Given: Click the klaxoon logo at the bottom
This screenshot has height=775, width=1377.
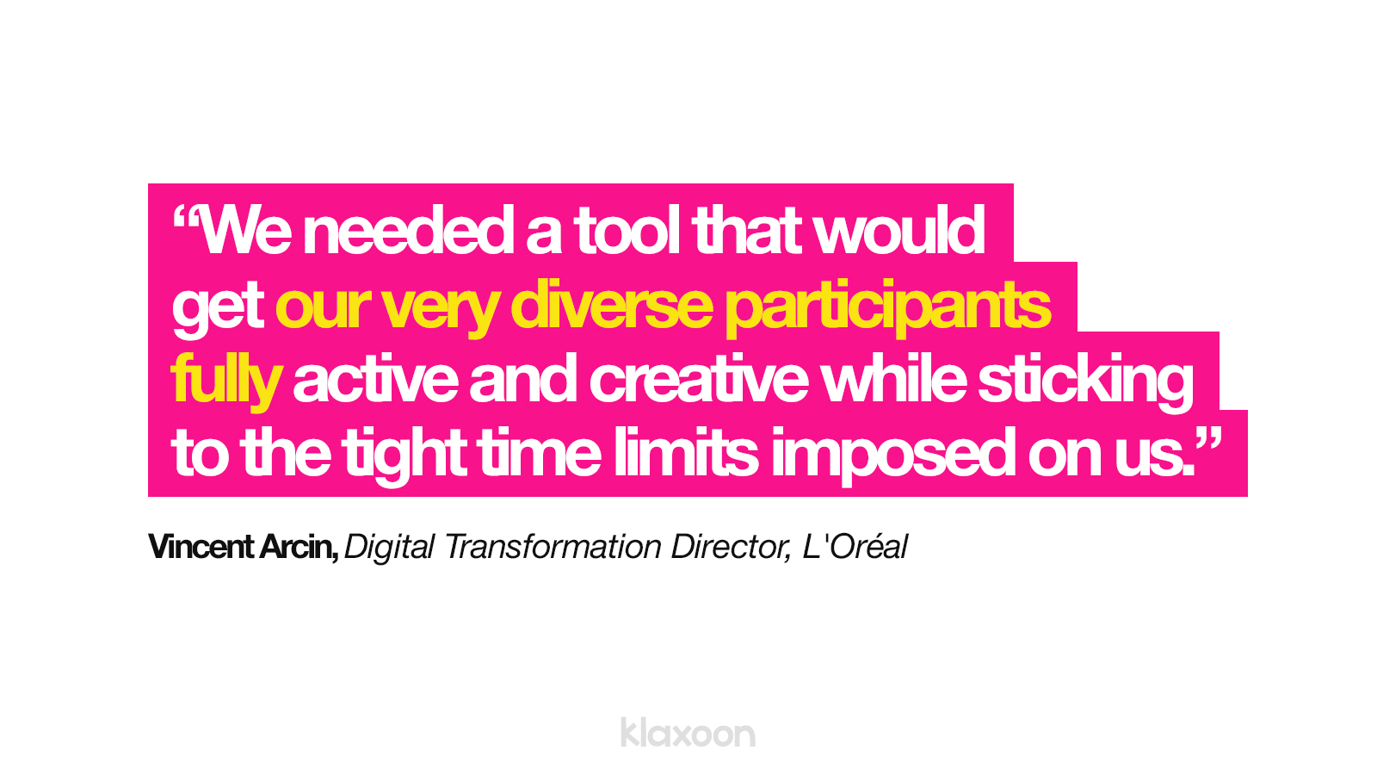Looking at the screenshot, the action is [688, 733].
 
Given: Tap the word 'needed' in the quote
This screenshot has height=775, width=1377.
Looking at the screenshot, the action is [408, 231].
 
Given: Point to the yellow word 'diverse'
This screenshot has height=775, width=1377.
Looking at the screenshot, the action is [612, 306].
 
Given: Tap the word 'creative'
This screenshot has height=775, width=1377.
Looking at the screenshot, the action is [699, 380].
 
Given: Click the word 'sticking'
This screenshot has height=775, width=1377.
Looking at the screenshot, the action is [1085, 382].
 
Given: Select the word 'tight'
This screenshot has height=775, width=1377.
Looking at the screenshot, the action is [404, 456].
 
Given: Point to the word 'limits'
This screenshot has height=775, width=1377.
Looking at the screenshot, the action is [686, 452].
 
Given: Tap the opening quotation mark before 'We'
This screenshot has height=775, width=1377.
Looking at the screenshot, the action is [185, 216].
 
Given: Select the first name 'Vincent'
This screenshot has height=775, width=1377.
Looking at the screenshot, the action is [201, 546].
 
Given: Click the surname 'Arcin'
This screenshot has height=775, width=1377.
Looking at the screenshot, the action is [298, 547].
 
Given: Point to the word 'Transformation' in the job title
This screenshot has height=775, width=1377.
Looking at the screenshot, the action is [552, 546].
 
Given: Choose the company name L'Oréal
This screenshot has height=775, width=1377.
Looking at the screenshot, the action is [855, 546].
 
